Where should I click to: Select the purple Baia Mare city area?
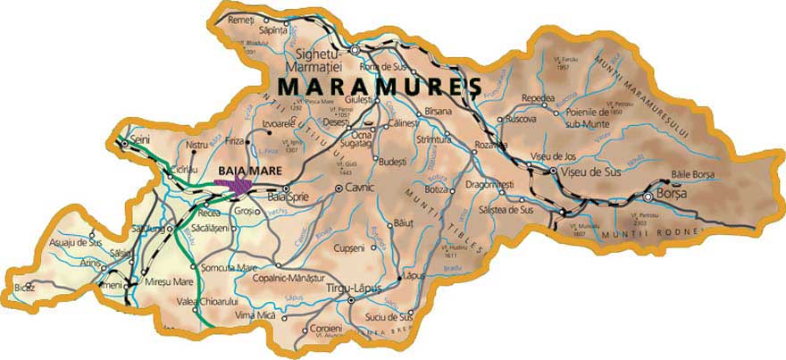pos(234,185)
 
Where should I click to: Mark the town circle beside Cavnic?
pos(339,188)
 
